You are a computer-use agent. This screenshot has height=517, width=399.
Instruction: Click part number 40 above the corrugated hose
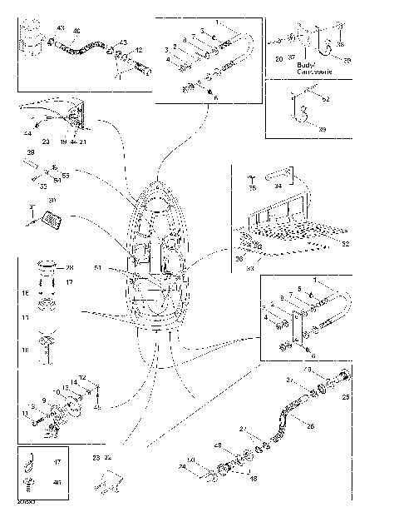(x=76, y=32)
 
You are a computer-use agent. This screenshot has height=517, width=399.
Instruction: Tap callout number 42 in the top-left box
(x=138, y=50)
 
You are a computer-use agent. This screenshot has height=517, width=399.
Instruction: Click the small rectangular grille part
(x=51, y=221)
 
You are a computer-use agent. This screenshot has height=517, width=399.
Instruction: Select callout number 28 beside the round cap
(x=70, y=267)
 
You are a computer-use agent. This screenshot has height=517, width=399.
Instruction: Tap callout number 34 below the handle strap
(x=278, y=186)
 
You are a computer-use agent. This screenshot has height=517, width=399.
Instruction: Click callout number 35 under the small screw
(x=253, y=189)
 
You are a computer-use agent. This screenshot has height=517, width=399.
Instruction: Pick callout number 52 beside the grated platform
(x=346, y=244)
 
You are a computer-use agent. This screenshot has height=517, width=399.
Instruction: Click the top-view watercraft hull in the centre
(x=155, y=258)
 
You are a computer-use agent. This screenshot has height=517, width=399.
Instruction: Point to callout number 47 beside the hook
(x=57, y=460)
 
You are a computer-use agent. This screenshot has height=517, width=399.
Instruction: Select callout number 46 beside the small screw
(x=57, y=482)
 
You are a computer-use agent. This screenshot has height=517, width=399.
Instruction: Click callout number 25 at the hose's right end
(x=346, y=398)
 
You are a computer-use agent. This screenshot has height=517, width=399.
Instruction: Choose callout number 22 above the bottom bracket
(x=107, y=458)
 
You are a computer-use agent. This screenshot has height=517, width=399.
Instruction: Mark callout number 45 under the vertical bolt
(x=96, y=407)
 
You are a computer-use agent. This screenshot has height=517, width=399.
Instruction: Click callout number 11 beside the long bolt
(x=26, y=412)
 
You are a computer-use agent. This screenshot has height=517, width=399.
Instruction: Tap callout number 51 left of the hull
(x=97, y=268)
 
